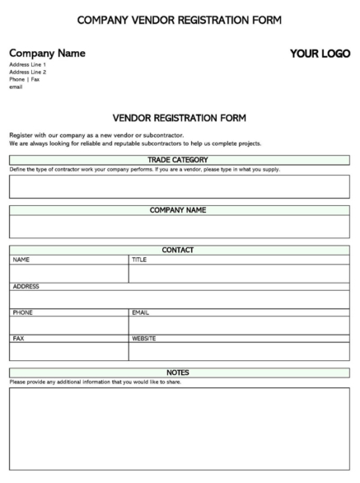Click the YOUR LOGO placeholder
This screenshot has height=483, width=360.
(320, 54)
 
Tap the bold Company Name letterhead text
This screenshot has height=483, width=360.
(47, 54)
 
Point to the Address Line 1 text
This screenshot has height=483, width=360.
(27, 64)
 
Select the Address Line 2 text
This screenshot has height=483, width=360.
(27, 72)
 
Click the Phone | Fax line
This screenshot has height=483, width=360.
(24, 79)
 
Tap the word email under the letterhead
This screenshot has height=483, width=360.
(16, 87)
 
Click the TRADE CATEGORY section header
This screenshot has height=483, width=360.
(179, 160)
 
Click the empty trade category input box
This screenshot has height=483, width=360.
(179, 186)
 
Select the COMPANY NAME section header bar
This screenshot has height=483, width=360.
(179, 210)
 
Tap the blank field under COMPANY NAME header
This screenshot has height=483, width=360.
(179, 227)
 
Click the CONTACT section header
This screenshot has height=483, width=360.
(179, 250)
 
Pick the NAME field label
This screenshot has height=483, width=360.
(21, 260)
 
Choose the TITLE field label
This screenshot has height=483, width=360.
(139, 260)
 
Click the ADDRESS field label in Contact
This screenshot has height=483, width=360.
(26, 286)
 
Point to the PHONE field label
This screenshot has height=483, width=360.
(22, 312)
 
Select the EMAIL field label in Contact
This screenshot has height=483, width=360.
(140, 312)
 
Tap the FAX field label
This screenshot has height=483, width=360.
(18, 338)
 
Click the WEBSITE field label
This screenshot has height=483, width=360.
(144, 338)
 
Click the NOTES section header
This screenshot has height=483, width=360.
(179, 373)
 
